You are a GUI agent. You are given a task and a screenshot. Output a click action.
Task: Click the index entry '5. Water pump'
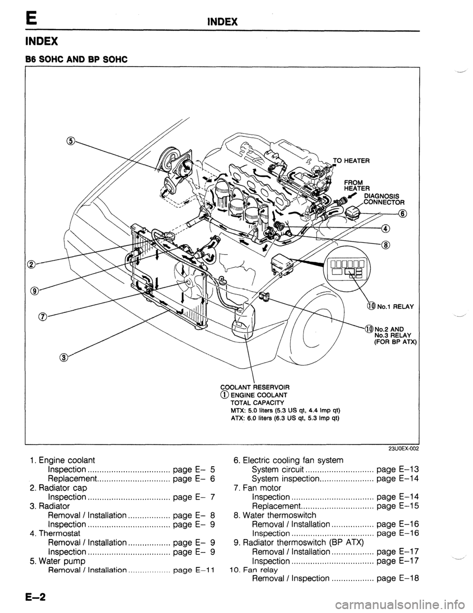[56, 561]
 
